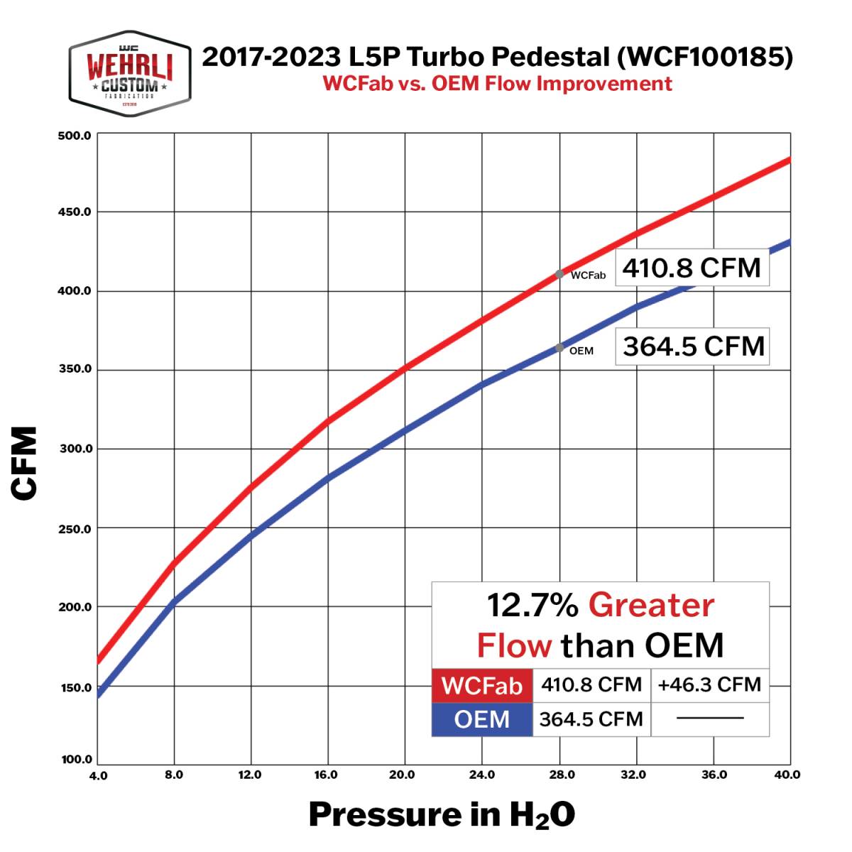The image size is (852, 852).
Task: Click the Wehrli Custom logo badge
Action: tap(130, 75)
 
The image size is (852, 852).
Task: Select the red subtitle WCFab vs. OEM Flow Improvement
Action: tap(497, 84)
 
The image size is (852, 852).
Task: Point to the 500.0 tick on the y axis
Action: tap(75, 135)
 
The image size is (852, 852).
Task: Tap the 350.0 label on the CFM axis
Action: tap(75, 370)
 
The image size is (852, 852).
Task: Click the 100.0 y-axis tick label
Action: tap(77, 760)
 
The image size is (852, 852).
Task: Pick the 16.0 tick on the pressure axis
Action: tap(326, 775)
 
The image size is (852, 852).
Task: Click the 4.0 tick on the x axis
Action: tap(99, 775)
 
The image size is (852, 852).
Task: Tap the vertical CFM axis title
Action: tap(26, 464)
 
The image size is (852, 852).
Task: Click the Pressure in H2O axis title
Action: tap(442, 815)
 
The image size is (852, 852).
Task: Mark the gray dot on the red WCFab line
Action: tap(559, 274)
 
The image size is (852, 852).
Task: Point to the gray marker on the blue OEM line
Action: tap(560, 348)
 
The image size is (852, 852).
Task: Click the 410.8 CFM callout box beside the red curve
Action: tap(692, 268)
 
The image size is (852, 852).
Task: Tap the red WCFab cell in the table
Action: tap(482, 686)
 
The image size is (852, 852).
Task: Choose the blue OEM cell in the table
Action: tap(482, 719)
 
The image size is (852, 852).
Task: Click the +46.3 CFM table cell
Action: tap(709, 685)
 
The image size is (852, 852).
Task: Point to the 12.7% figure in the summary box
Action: tap(532, 606)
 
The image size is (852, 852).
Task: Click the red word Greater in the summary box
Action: tap(651, 606)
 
